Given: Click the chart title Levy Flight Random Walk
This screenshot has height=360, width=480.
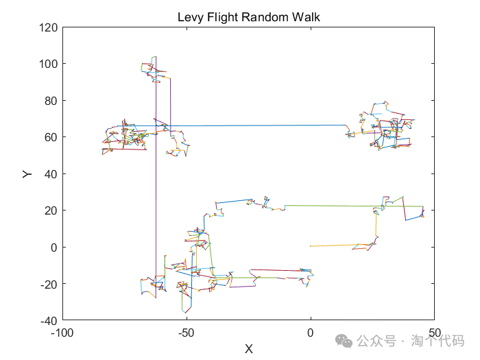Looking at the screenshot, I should point(248,16).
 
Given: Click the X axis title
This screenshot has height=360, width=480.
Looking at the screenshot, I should point(249,348).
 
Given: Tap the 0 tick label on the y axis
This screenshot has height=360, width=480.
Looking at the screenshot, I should point(53,247).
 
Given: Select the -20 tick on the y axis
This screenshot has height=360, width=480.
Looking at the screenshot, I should point(47,284).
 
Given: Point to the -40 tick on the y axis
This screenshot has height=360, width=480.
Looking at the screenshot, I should point(47,320).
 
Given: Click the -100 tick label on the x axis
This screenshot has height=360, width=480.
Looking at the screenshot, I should point(62,333).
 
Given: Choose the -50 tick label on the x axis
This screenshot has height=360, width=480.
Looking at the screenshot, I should point(187,333).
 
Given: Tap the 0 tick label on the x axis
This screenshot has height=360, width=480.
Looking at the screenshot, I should point(311,333).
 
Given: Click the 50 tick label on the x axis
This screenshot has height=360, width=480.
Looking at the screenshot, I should point(434,333).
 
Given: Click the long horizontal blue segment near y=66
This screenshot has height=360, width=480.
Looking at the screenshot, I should point(261,125).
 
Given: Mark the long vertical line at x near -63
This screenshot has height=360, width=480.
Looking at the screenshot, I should point(156,206).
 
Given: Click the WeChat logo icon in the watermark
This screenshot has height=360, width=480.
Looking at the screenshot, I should point(348,340).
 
